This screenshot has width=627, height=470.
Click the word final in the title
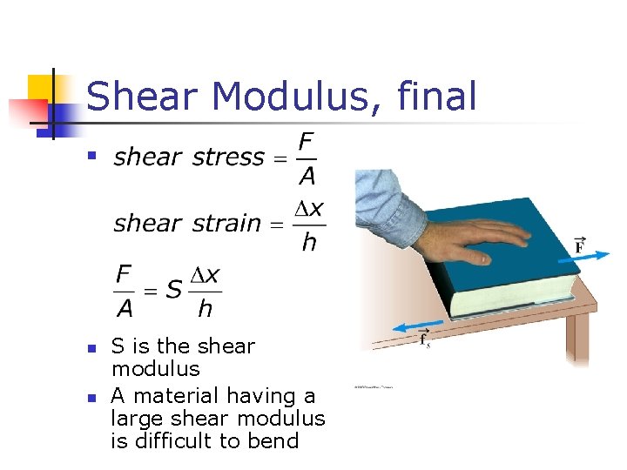(x=437, y=96)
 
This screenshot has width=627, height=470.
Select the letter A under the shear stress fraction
(x=307, y=177)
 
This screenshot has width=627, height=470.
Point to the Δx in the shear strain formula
(x=308, y=209)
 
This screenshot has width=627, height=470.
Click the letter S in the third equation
(x=174, y=290)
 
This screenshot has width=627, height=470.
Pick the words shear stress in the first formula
(x=189, y=158)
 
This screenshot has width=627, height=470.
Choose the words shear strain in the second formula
(x=187, y=224)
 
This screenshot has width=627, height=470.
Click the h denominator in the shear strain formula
(x=308, y=243)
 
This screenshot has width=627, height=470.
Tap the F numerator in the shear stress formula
(x=307, y=141)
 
